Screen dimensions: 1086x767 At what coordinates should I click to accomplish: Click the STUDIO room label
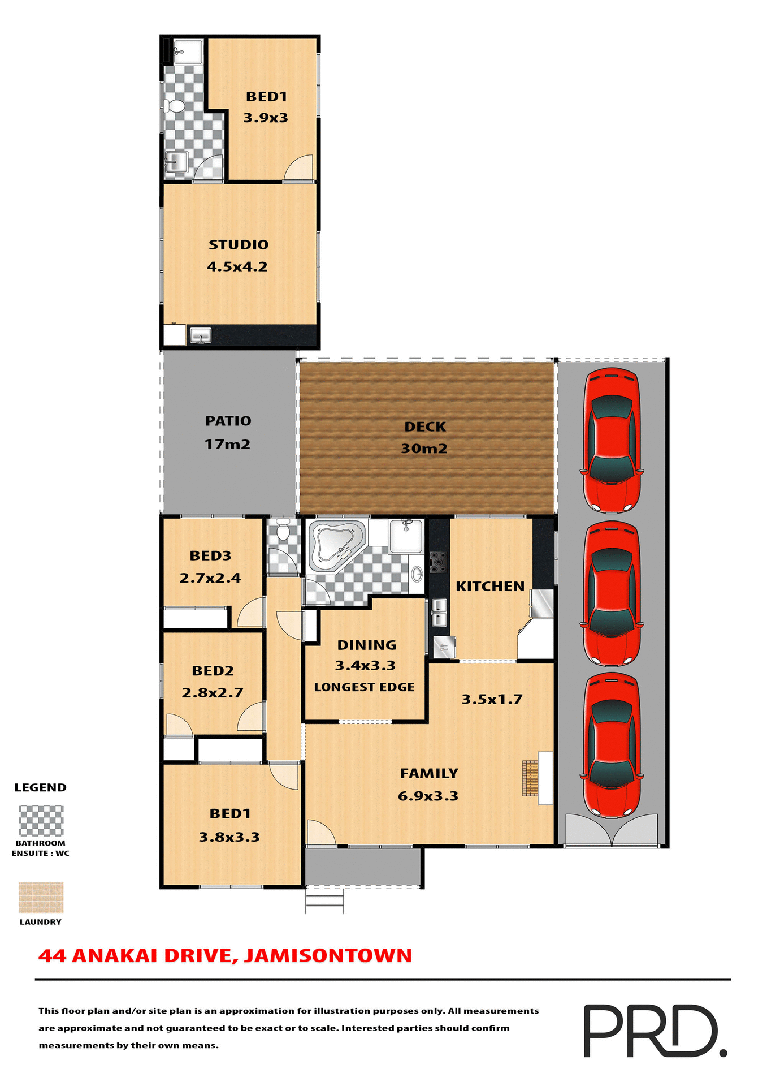point(239,245)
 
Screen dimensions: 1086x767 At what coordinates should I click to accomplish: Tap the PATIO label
point(228,421)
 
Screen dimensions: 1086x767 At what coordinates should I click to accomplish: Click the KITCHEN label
point(490,587)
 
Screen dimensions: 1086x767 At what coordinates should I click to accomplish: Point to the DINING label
point(366,645)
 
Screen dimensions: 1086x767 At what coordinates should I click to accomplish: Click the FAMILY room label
point(429,773)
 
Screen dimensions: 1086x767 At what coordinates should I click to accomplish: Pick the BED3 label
point(210,556)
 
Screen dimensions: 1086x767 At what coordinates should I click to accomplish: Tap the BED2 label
point(213,671)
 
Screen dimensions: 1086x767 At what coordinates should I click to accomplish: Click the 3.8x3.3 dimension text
point(229,837)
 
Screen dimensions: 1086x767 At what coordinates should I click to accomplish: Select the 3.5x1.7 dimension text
point(492,700)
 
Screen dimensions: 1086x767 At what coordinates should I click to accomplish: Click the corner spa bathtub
point(337,544)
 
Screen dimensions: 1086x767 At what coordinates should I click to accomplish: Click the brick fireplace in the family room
point(530,778)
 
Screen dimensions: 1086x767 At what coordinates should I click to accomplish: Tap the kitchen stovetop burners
point(437,562)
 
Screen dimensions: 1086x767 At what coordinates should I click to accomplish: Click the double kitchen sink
point(439,613)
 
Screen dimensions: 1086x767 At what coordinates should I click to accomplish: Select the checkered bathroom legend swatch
point(41,821)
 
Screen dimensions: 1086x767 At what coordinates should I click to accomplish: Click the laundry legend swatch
point(41,898)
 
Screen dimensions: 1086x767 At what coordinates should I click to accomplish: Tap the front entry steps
point(324,900)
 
